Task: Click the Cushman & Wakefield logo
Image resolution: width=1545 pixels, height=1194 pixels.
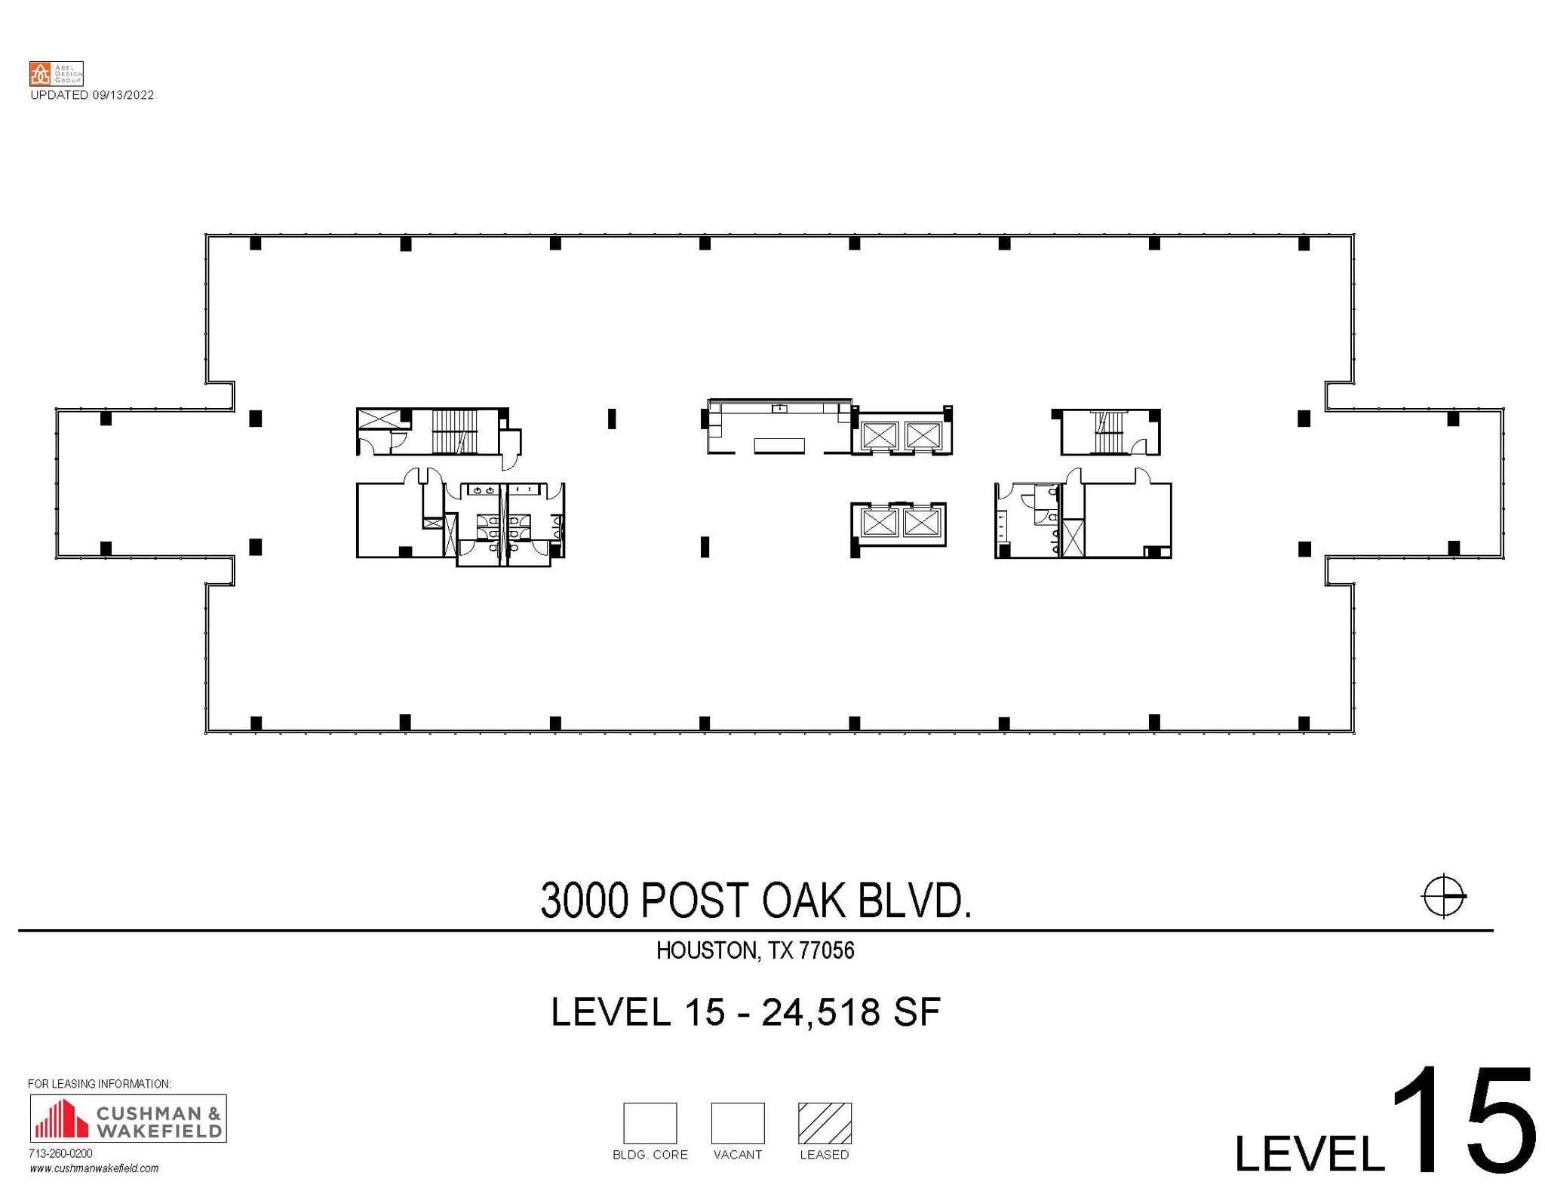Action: coord(127,1118)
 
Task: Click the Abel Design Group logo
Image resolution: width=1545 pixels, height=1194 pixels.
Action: coord(56,73)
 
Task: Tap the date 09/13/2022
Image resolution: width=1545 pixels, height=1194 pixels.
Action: coord(123,95)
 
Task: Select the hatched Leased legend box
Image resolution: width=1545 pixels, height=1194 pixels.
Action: coord(825,1123)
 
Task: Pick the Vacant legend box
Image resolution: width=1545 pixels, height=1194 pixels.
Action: coord(737,1123)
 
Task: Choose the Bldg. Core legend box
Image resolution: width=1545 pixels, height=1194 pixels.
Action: coord(650,1123)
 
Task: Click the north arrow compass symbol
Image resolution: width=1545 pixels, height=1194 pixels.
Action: coord(1443,897)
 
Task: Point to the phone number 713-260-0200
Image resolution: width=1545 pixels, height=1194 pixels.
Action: coord(60,1153)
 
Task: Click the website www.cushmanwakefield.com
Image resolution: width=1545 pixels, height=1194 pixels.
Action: coord(94,1168)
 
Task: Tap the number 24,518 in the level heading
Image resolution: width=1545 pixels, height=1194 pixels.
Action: coord(821,1012)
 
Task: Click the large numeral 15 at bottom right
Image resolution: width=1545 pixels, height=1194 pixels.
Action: coord(1462,1122)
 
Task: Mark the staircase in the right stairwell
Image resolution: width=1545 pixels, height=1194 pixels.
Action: coord(1107,432)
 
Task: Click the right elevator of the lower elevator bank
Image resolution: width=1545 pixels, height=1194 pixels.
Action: coord(920,523)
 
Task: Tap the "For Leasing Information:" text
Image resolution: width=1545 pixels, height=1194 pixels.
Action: coord(100,1084)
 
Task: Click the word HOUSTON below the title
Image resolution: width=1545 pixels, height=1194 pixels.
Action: coord(706,950)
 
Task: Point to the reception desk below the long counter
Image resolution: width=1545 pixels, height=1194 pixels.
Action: coord(779,446)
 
